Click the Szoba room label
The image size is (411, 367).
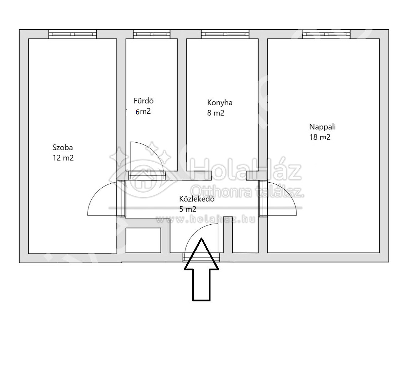[x=63, y=148]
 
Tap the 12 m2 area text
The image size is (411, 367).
[x=63, y=158]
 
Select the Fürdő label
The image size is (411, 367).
[x=144, y=101]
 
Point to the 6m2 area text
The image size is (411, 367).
[x=143, y=111]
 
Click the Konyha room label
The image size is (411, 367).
[x=220, y=103]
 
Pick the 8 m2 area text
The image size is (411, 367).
[x=216, y=113]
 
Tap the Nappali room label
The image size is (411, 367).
[x=323, y=127]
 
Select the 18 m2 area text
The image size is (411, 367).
[x=320, y=137]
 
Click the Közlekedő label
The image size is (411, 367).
[x=197, y=199]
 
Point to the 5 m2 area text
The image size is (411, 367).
[x=188, y=209]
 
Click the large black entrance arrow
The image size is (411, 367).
[x=201, y=269]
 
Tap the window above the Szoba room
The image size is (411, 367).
[x=73, y=34]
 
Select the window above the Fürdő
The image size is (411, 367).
[x=152, y=34]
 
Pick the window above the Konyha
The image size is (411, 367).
[x=225, y=34]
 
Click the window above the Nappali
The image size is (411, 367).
[x=326, y=34]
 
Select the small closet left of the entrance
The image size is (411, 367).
[x=143, y=240]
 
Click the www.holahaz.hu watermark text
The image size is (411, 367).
[x=205, y=219]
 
